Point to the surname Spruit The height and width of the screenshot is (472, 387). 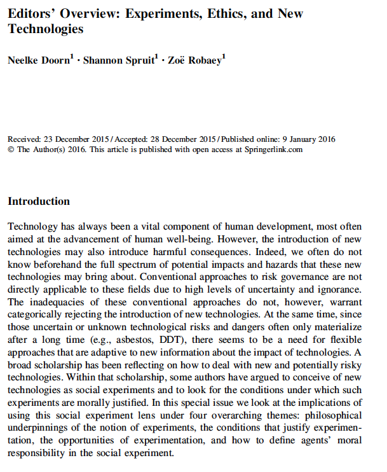click(140, 61)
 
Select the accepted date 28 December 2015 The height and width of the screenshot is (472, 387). click(176, 139)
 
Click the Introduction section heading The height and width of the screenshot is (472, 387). click(39, 202)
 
